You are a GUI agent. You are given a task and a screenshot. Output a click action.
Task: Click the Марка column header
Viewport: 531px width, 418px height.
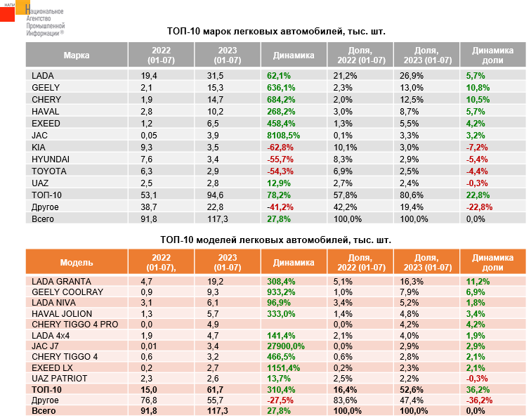point(76,55)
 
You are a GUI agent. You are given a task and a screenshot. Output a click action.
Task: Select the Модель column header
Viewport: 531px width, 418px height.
point(76,263)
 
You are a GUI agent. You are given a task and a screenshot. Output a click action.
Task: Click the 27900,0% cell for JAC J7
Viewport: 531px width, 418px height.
point(285,346)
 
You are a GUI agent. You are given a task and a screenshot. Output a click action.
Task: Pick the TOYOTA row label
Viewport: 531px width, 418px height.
point(48,171)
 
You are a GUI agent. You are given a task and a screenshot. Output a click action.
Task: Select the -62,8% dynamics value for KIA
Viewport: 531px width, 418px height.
point(280,146)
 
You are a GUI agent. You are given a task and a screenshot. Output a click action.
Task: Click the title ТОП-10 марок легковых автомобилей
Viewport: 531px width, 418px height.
point(277,32)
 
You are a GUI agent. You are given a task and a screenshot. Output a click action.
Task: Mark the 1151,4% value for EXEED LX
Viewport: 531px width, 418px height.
point(283,367)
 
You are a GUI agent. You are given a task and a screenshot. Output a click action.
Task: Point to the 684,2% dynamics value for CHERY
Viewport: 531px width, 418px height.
point(280,99)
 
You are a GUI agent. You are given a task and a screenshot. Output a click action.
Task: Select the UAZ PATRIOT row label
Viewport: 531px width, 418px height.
point(60,379)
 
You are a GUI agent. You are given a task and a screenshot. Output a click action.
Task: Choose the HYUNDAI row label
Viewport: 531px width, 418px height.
point(51,159)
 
